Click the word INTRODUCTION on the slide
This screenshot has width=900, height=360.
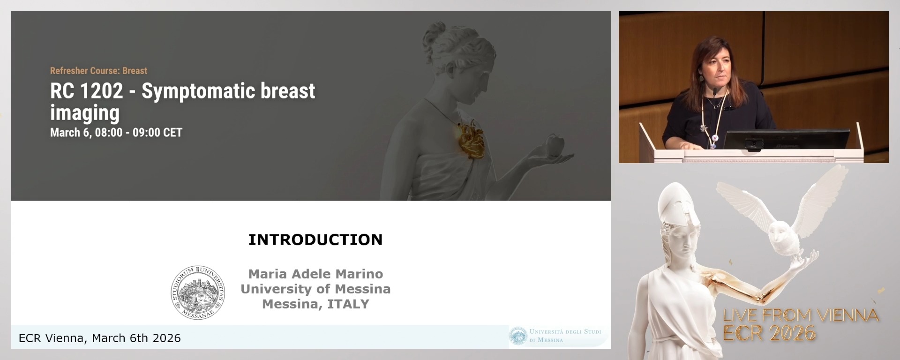pyautogui.click(x=315, y=240)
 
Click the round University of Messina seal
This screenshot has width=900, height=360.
pyautogui.click(x=198, y=292)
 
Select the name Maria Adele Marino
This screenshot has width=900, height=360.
pyautogui.click(x=315, y=274)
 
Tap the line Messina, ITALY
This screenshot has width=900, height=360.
pyautogui.click(x=315, y=304)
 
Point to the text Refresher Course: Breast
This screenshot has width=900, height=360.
pyautogui.click(x=98, y=71)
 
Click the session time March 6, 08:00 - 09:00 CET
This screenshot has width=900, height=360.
pyautogui.click(x=116, y=133)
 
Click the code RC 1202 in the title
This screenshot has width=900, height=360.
pyautogui.click(x=87, y=91)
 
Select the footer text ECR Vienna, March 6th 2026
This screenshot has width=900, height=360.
pyautogui.click(x=100, y=338)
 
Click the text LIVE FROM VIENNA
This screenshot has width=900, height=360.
pyautogui.click(x=801, y=315)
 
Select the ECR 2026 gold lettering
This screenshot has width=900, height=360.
pyautogui.click(x=769, y=333)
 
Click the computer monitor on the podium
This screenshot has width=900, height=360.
pyautogui.click(x=787, y=140)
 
